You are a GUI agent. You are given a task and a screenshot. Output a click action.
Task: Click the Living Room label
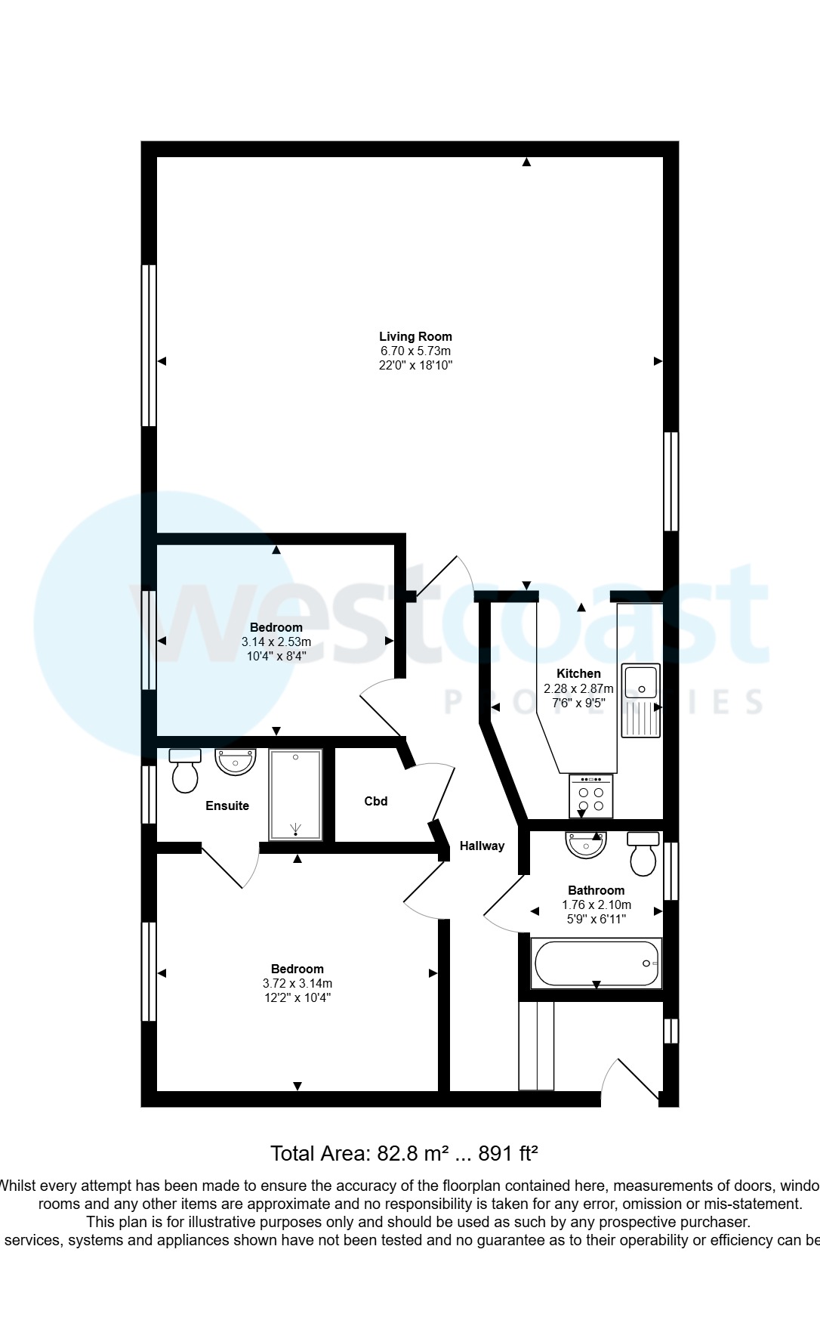[x=415, y=336]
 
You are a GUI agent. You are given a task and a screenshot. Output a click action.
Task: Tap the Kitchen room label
[x=578, y=673]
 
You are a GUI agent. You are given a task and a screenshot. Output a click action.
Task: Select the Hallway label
[x=482, y=846]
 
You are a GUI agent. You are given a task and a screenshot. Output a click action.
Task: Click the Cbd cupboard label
[x=376, y=801]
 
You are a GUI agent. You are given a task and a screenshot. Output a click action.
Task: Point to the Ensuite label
[x=227, y=806]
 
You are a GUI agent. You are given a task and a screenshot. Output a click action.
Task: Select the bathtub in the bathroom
[x=597, y=963]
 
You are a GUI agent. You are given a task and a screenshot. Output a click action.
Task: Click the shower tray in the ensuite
[x=295, y=795]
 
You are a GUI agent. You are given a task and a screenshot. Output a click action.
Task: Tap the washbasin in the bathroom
[x=586, y=845]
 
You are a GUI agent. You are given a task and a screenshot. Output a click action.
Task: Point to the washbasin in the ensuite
[x=236, y=761]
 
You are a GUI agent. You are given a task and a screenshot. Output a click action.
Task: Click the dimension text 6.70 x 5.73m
[x=415, y=351]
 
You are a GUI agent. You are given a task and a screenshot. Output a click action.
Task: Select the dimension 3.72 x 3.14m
[x=297, y=983]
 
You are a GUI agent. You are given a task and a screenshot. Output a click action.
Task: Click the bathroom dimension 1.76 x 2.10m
[x=597, y=904]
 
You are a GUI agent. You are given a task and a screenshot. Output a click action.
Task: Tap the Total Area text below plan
[x=404, y=1153]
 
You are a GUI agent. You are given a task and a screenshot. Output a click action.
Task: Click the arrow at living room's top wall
[x=526, y=162]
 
